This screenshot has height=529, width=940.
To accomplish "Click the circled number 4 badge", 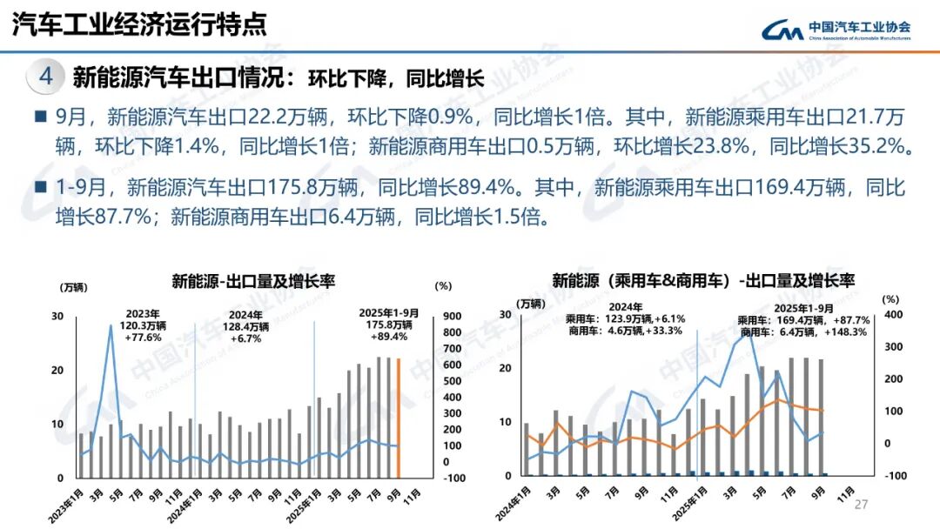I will [x=46, y=77].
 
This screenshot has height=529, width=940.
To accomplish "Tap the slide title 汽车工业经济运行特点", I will [x=139, y=24].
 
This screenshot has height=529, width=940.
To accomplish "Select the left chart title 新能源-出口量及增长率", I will [x=253, y=281].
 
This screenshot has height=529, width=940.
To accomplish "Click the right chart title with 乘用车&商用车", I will [x=703, y=280].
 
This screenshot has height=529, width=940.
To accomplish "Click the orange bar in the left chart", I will [x=399, y=418].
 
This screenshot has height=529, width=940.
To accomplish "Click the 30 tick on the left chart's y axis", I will [x=57, y=316].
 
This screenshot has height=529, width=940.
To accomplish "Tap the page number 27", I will [x=862, y=506].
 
